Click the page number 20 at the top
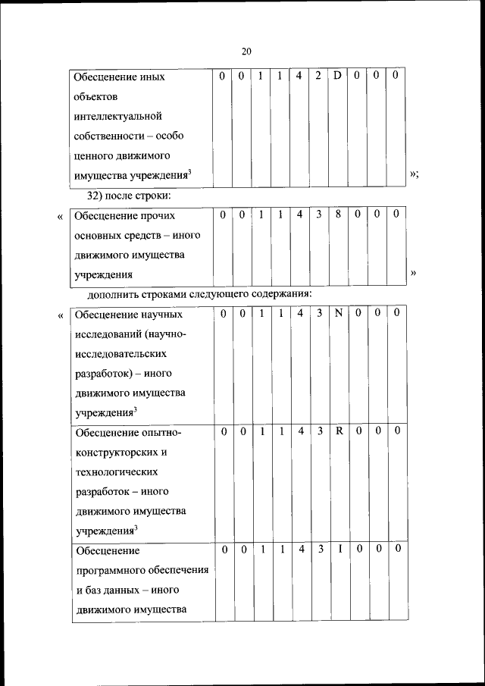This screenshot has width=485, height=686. (246, 52)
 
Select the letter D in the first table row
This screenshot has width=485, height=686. (338, 77)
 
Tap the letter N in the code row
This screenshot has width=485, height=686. (339, 313)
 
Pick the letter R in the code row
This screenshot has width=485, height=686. (339, 431)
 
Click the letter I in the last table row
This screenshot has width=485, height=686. (339, 549)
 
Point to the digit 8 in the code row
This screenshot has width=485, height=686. (338, 215)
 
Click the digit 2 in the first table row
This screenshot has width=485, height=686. (318, 77)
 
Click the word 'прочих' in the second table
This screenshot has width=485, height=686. (158, 216)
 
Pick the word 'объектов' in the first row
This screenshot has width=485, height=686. (95, 97)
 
